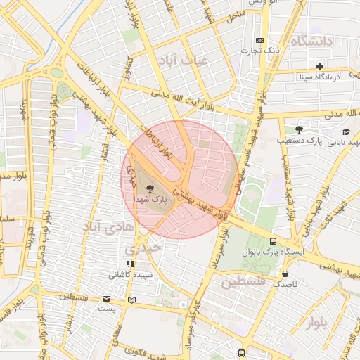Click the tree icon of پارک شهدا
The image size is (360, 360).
pos(149,188)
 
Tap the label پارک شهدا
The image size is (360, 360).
pos(152,200)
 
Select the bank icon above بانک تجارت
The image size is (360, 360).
pos(260,40)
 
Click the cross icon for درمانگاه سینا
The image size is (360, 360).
pos(320,66)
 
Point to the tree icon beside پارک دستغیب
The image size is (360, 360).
pos(299,129)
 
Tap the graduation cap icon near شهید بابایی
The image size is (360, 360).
pos(345,131)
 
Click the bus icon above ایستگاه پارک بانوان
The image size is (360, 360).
pos(273,240)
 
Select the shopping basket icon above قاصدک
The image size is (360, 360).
pos(285,274)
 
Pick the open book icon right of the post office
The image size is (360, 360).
pos(131,300)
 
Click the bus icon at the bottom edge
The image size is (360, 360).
pos(242,353)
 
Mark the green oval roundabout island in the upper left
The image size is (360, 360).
pos(65,91)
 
